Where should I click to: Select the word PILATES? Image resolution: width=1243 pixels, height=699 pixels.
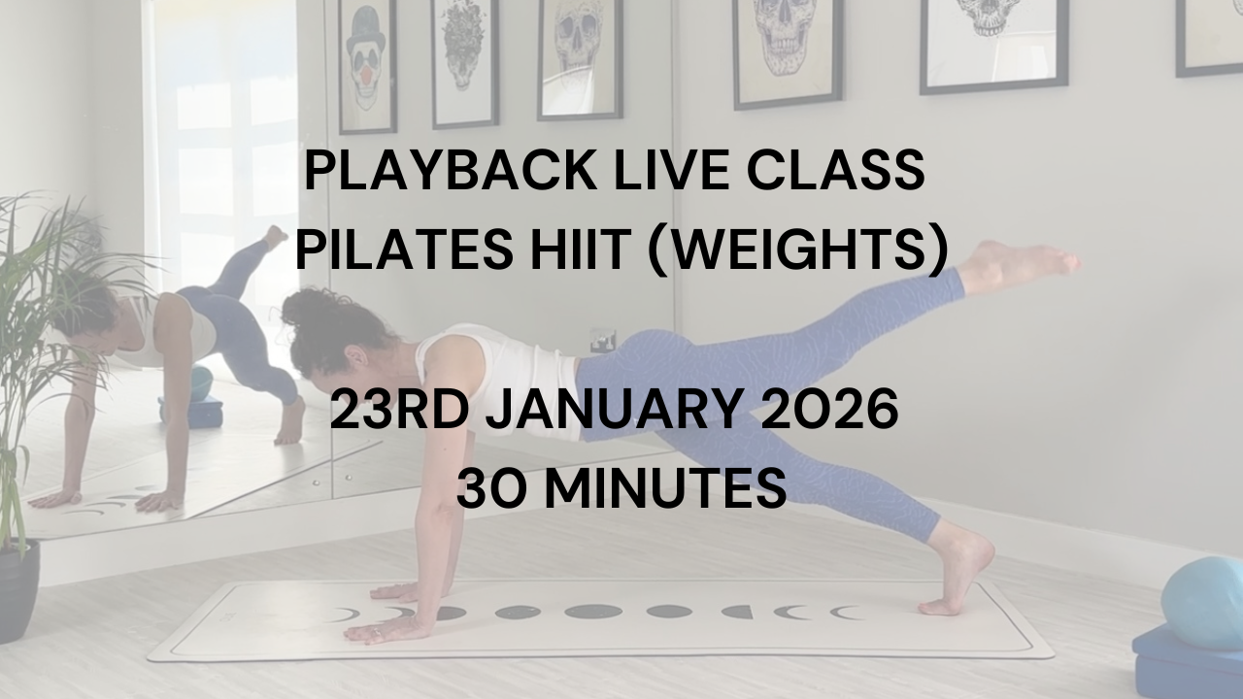point(405,250)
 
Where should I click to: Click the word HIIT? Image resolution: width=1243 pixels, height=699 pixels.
point(581,250)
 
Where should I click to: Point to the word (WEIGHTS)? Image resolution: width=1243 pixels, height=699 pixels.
point(797,250)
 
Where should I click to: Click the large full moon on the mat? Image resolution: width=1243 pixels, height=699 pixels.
point(593,612)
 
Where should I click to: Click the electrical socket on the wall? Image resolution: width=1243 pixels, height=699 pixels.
point(603,340)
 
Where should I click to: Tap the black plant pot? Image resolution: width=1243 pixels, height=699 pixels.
point(18,591)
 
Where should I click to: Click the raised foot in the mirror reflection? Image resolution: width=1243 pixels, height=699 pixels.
point(276,237)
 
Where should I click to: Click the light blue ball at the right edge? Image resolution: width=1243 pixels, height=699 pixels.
point(1204,603)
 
